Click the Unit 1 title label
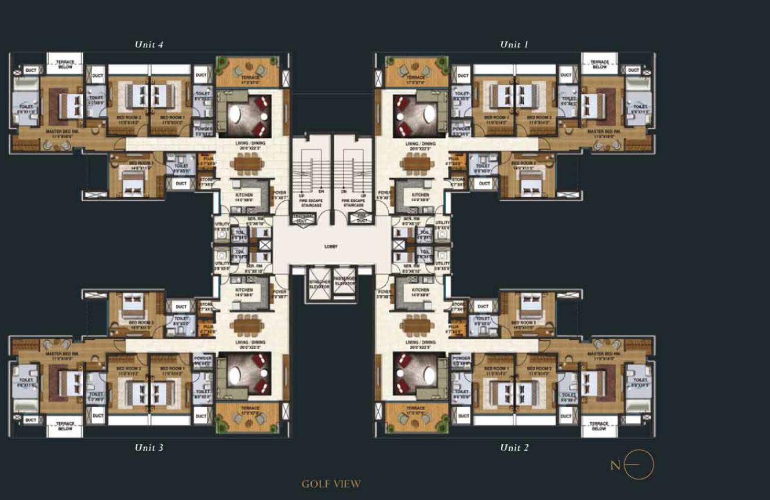coord(514,45)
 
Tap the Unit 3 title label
coord(149,447)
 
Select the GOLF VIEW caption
coord(331,484)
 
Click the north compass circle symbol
coord(638,465)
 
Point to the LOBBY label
coord(331,247)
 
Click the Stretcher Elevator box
coord(319,284)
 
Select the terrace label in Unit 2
coord(415,408)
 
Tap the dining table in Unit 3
coord(247,325)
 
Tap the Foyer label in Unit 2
coord(383,293)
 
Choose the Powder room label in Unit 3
coord(202,360)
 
